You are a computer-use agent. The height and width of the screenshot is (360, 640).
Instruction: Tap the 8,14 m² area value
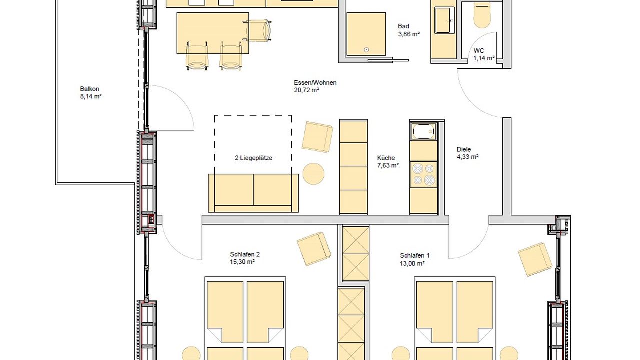point(91,97)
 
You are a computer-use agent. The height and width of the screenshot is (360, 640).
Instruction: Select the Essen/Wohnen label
point(315,83)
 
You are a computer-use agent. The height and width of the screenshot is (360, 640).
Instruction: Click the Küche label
point(386,158)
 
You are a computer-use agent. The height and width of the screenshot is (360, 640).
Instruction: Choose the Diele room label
point(464,149)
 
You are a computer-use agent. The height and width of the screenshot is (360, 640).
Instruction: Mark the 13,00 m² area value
point(412,263)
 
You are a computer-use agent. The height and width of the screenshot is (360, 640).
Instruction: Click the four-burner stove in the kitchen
point(423,174)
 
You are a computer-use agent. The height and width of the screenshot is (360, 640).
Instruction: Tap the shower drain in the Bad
point(367,49)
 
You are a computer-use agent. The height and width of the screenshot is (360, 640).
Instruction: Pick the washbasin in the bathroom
point(444,20)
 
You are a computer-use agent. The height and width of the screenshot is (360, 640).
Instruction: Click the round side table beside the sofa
point(313,174)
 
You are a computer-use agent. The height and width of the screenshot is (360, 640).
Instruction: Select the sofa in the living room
point(253,192)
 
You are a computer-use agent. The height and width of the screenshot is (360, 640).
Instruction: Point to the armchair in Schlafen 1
point(534,259)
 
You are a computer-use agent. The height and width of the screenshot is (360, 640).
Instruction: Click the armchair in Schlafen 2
point(314,248)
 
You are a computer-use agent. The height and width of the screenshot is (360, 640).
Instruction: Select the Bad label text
point(403,26)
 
